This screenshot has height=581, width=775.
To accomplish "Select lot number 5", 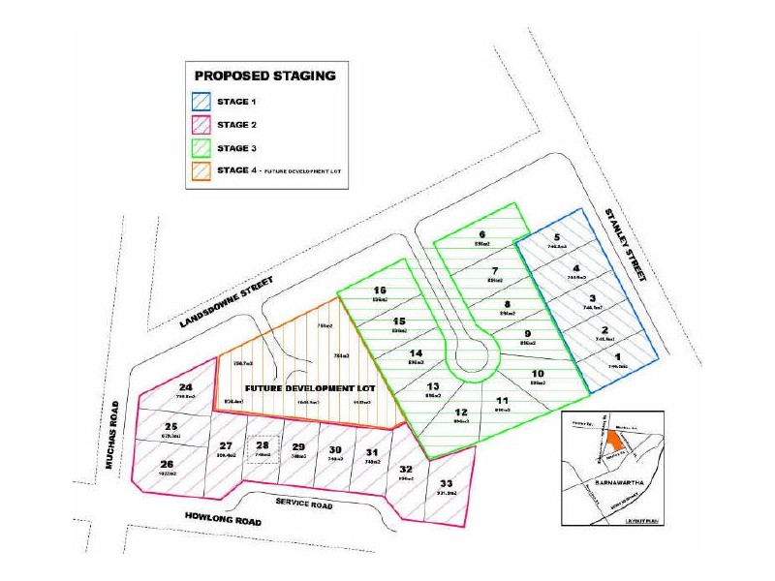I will coord(557,237).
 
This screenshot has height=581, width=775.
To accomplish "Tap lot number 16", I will coord(380,290).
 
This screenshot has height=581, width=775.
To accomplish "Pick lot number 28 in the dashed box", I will coord(262,446).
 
